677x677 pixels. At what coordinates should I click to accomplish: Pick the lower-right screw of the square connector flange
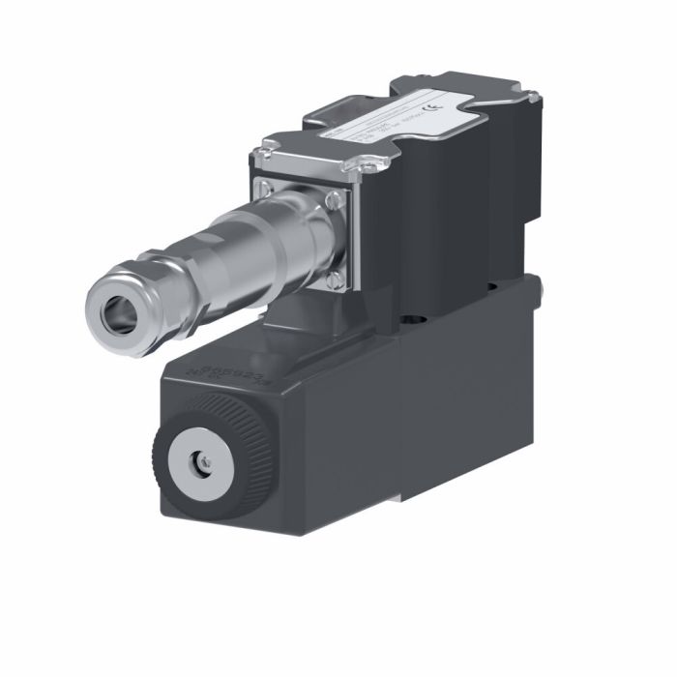[x=334, y=280]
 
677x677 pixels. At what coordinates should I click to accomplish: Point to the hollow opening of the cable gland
[x=117, y=309]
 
